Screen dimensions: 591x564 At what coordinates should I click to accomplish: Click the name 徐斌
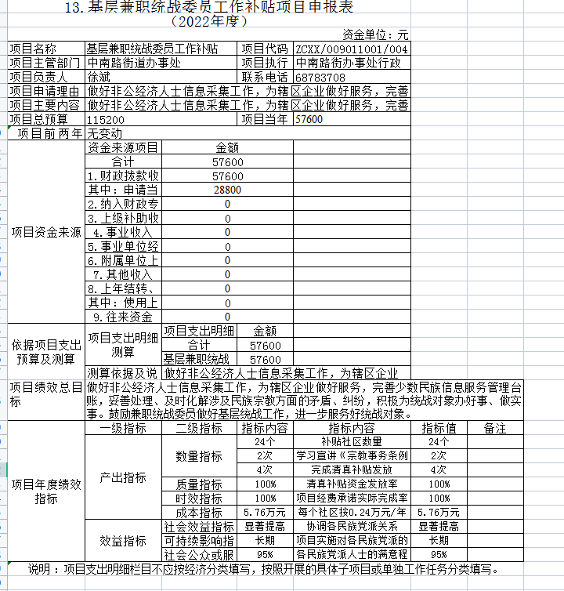[99, 78]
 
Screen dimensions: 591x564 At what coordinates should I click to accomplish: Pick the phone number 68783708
[321, 78]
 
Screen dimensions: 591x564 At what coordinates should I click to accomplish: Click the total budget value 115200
[106, 120]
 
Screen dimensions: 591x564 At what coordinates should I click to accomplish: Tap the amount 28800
[227, 190]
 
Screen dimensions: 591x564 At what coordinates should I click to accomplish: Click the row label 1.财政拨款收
[124, 176]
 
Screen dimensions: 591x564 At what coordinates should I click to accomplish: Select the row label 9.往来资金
[124, 317]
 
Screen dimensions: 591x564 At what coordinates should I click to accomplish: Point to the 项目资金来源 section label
[45, 232]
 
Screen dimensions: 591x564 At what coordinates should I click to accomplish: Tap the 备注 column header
[495, 429]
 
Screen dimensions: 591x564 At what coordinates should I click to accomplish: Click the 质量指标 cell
[199, 484]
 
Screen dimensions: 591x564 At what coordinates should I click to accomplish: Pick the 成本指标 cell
[199, 513]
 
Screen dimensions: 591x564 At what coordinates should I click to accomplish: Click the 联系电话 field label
[265, 78]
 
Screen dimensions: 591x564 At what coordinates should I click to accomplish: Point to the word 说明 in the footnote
[43, 569]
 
